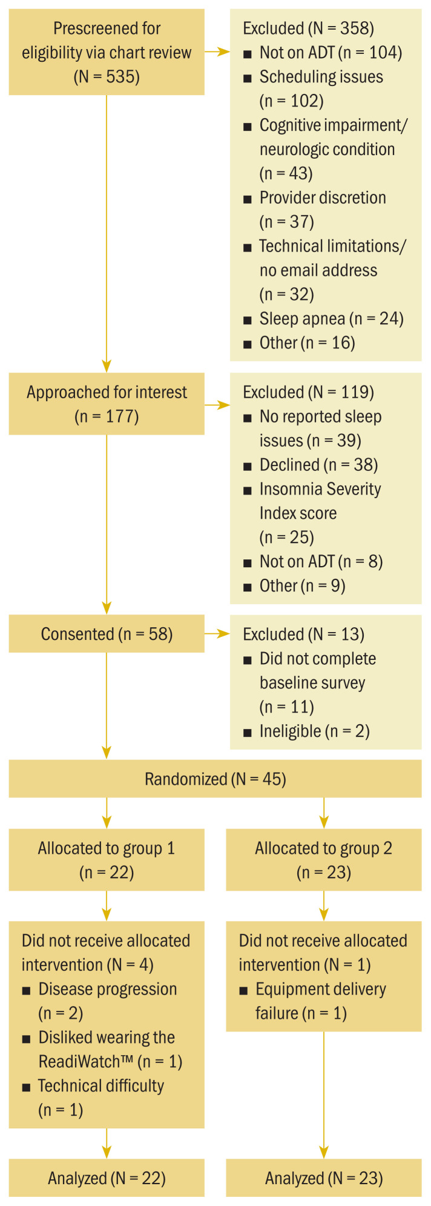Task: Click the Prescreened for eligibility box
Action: pyautogui.click(x=107, y=52)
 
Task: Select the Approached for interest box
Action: pyautogui.click(x=107, y=404)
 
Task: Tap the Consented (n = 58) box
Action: pyautogui.click(x=107, y=634)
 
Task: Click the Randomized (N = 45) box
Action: pyautogui.click(x=215, y=779)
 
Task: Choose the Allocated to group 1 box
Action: pyautogui.click(x=107, y=860)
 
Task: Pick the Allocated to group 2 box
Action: pyautogui.click(x=323, y=860)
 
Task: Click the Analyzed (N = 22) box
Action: pyautogui.click(x=107, y=1178)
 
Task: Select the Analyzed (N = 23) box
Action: pyautogui.click(x=323, y=1178)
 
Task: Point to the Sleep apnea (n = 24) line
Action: pyautogui.click(x=331, y=319)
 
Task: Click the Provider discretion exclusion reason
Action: pyautogui.click(x=322, y=198)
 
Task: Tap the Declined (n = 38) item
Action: pyautogui.click(x=318, y=465)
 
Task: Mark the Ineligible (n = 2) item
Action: pyautogui.click(x=314, y=731)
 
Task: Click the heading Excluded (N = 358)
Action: pyautogui.click(x=308, y=28)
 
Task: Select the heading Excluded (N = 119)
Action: pyautogui.click(x=308, y=392)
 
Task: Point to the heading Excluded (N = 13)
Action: pyautogui.click(x=303, y=635)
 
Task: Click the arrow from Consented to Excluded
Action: pyautogui.click(x=217, y=634)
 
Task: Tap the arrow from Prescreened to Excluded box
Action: pyautogui.click(x=217, y=52)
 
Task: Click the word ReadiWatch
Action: pyautogui.click(x=85, y=1062)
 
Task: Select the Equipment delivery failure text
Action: pyautogui.click(x=320, y=990)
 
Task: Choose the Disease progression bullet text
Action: pyautogui.click(x=107, y=990)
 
